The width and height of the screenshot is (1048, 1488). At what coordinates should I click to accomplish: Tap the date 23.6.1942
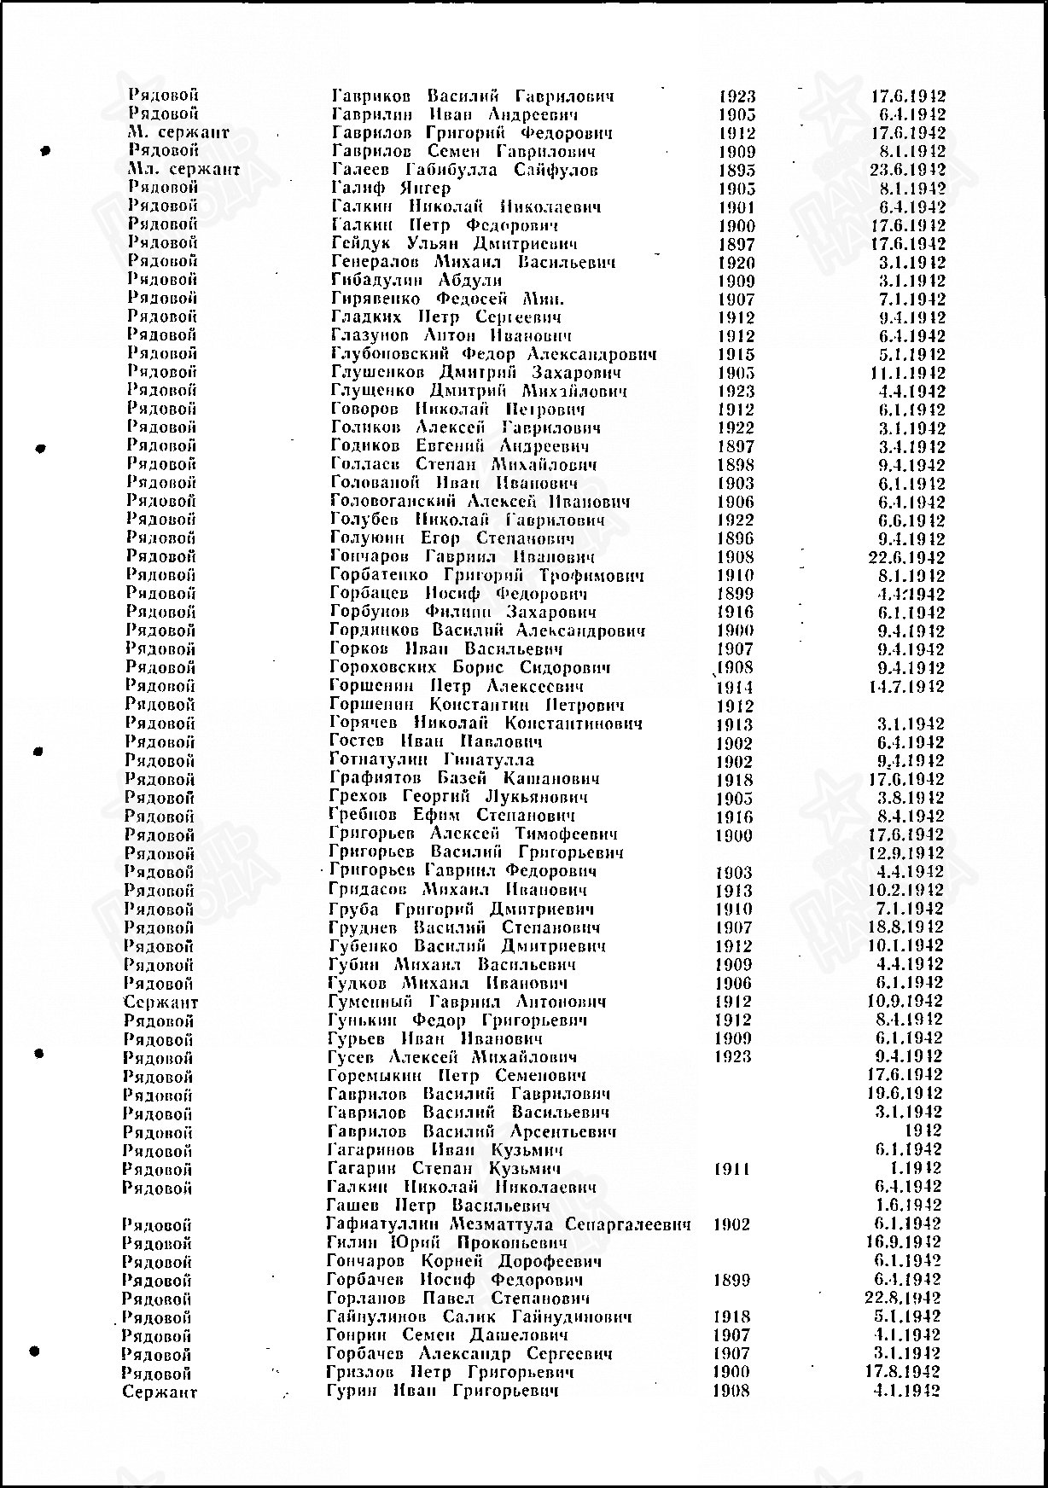tap(907, 170)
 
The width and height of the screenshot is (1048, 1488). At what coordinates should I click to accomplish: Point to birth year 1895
tap(737, 170)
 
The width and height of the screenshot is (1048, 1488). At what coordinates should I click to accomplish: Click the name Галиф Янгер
tap(390, 188)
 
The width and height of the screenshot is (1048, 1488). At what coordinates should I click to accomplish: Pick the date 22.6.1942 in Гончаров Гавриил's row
tap(906, 557)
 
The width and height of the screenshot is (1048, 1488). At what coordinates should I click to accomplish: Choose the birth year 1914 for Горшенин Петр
tap(735, 687)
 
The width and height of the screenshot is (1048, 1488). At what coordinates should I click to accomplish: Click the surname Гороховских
tap(383, 668)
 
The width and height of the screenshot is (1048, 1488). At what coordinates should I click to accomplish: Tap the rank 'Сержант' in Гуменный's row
tap(160, 1003)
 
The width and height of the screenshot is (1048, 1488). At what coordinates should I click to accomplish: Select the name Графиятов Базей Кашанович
tap(464, 779)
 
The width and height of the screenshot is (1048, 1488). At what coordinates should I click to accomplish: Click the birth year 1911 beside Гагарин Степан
tap(731, 1169)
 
